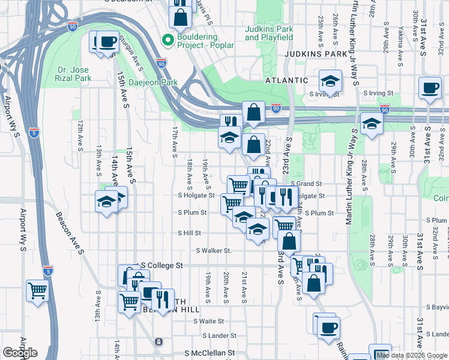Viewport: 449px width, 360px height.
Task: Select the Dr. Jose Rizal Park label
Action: [x=75, y=74]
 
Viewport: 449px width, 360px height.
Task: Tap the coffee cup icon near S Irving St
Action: [x=430, y=88]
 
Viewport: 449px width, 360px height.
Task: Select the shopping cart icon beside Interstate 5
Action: [x=37, y=291]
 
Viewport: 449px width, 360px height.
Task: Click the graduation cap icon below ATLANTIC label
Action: [x=330, y=80]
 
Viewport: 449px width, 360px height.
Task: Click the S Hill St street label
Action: [x=189, y=233]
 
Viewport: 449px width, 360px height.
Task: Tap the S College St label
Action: [x=161, y=265]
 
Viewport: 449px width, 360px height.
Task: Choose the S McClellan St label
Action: [x=207, y=353]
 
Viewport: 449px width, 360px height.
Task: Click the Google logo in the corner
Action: [x=20, y=353]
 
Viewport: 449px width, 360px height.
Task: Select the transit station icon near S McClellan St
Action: [x=158, y=341]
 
